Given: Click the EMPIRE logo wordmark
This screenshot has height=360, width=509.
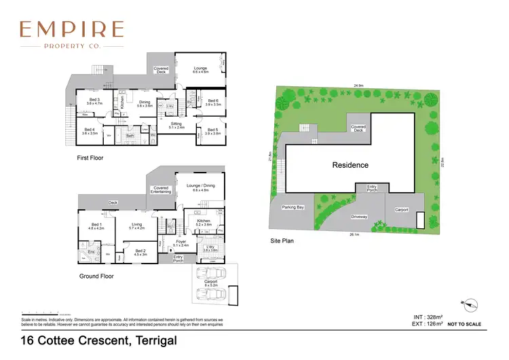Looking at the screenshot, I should pos(71,29).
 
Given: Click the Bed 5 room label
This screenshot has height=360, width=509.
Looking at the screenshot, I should pos(212,131).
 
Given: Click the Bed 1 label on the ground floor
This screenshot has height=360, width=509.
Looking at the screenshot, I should pos(96,227).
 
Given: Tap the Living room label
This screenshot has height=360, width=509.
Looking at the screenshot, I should pos(137,226).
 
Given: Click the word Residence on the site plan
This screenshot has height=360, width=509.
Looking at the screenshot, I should pos(350,165).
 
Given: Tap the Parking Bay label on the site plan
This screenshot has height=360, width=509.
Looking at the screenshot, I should pos(293,208).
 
